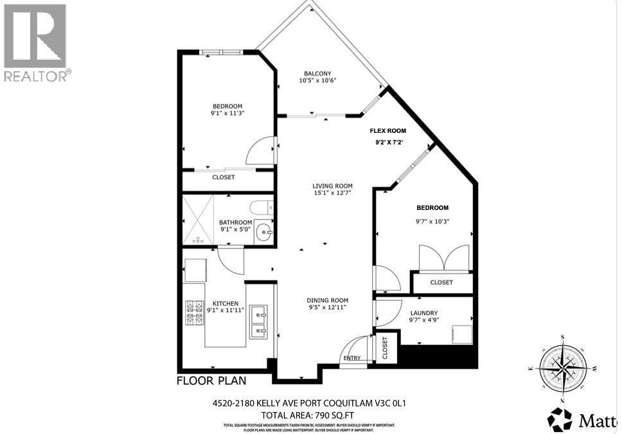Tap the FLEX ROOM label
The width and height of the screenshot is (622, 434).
pyautogui.click(x=387, y=130)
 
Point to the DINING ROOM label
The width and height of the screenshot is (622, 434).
pyautogui.click(x=327, y=300)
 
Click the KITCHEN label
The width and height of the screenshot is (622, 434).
pyautogui.click(x=226, y=304)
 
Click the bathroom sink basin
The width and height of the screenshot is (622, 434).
pyautogui.click(x=263, y=231)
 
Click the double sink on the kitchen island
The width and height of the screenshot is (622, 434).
pyautogui.click(x=259, y=322)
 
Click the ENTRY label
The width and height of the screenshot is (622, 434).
pyautogui.click(x=352, y=358)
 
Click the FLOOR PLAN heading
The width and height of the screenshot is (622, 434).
pyautogui.click(x=211, y=381)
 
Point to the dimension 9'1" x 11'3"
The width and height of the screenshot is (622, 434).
pyautogui.click(x=227, y=113)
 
